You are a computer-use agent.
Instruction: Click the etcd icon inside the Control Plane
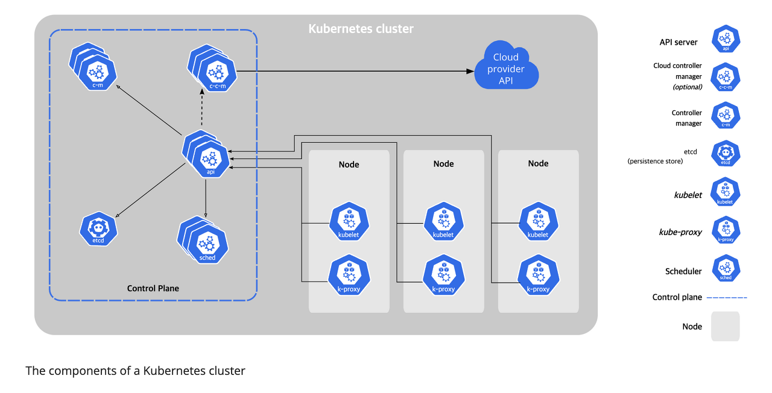[98, 229]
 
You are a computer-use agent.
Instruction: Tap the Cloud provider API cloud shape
[506, 66]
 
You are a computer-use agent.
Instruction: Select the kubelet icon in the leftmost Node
[349, 221]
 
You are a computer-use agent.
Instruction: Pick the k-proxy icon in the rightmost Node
[539, 275]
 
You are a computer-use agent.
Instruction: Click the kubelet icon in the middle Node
[443, 221]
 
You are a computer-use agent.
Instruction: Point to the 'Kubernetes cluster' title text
[361, 28]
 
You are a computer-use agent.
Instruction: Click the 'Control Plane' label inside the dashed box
[153, 288]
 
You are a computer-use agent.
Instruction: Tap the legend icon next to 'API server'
[726, 39]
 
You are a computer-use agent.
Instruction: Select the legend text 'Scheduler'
[683, 271]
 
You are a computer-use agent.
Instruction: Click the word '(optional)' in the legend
[687, 87]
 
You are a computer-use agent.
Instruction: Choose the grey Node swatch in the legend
[726, 326]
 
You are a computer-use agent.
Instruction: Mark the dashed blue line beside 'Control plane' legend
[727, 297]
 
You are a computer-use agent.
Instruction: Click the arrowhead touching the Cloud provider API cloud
[470, 71]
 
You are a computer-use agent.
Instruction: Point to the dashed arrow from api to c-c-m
[202, 107]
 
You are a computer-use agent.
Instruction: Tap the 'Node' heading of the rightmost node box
[538, 163]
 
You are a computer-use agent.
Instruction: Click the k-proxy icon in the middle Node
[444, 275]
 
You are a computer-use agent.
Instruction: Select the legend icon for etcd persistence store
[726, 154]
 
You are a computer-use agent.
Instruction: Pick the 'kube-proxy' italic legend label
[680, 232]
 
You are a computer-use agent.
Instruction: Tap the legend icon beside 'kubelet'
[725, 192]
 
